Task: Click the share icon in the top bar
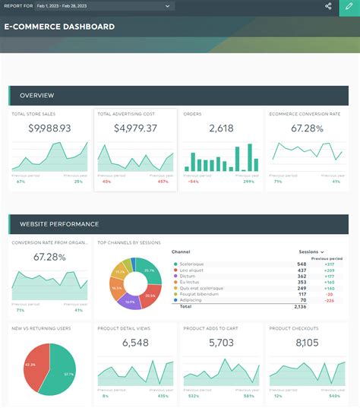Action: click(328, 6)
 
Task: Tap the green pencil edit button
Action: click(349, 6)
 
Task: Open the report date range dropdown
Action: click(104, 6)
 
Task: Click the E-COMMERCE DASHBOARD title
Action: click(59, 27)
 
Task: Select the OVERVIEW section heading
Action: click(36, 96)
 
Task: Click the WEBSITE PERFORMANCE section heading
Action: click(59, 224)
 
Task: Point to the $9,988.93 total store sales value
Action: click(49, 128)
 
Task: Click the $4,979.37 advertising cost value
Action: click(135, 128)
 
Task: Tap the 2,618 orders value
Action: click(221, 128)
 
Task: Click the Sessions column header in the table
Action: click(311, 251)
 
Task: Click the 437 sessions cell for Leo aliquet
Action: click(302, 270)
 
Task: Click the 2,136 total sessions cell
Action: click(300, 307)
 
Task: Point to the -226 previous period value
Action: click(329, 300)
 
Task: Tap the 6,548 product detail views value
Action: click(135, 343)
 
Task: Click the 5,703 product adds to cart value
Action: click(221, 343)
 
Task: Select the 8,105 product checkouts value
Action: click(307, 343)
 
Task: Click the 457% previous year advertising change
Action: click(163, 182)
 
